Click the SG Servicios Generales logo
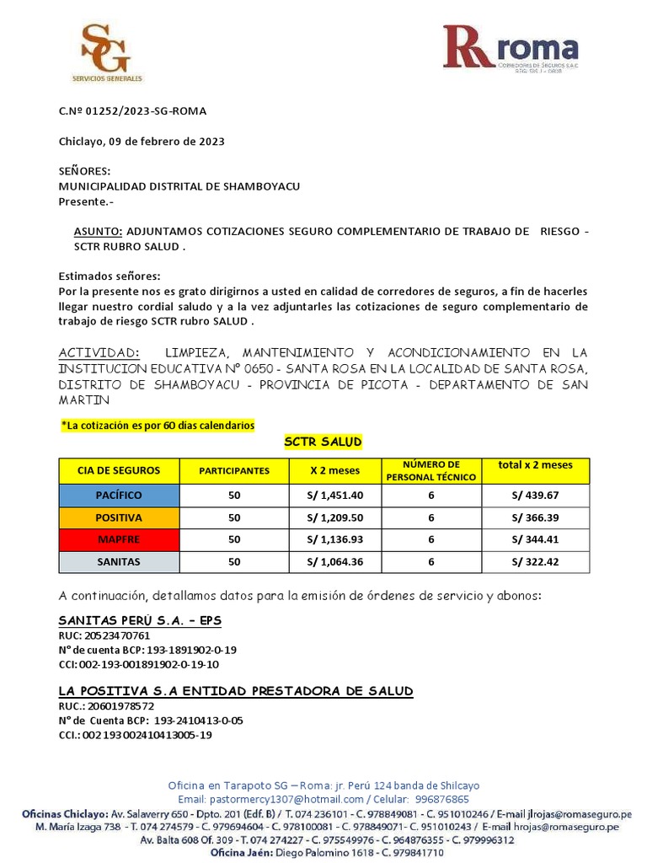click(x=107, y=53)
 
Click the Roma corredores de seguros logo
click(x=511, y=49)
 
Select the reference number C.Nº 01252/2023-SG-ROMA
click(x=132, y=111)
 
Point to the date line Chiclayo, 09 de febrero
click(x=142, y=142)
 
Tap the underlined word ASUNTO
click(x=99, y=232)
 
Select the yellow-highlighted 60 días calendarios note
click(x=158, y=426)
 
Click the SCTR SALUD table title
click(x=323, y=443)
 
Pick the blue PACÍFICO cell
click(x=119, y=496)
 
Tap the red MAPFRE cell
click(x=119, y=539)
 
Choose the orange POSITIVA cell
click(x=119, y=517)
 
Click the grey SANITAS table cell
click(x=119, y=561)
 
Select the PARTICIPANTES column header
click(x=234, y=471)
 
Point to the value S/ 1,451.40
click(x=334, y=496)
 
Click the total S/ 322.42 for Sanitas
click(x=535, y=561)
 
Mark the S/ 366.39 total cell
click(x=535, y=517)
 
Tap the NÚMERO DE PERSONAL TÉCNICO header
click(x=430, y=470)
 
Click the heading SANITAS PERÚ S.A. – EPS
click(x=140, y=621)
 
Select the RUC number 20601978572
click(x=117, y=705)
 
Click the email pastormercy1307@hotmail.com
click(x=289, y=799)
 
